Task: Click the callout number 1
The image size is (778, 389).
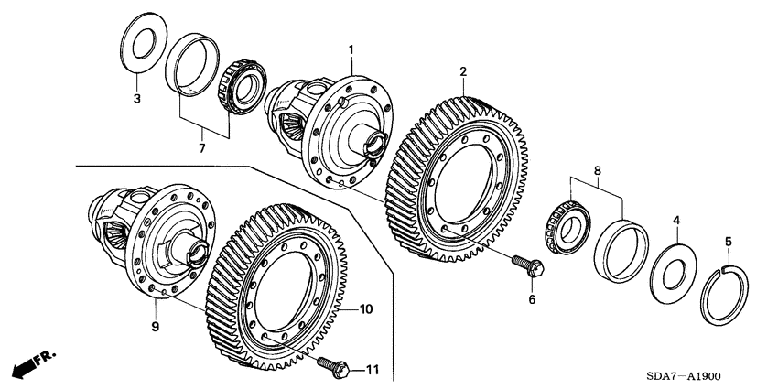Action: [350, 48]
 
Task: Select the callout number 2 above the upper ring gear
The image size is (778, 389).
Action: [464, 71]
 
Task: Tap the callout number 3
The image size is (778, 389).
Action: [135, 97]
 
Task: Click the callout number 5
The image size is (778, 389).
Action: [729, 243]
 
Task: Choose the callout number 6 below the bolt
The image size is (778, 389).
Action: [530, 298]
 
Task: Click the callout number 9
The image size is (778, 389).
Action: [156, 325]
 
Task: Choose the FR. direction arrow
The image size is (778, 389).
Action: [29, 363]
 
